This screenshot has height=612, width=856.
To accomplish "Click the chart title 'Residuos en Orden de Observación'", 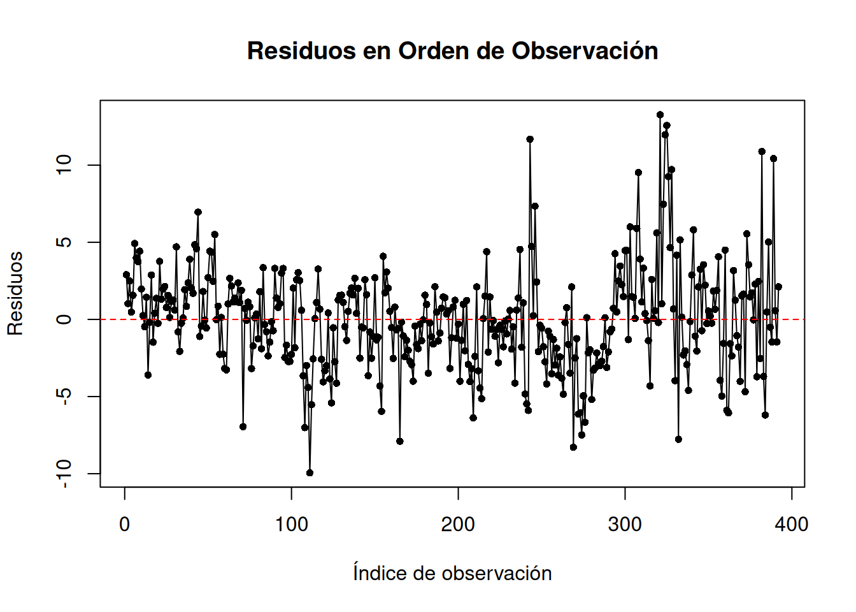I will pos(452,51).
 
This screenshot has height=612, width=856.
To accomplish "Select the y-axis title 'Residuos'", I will pos(15,293).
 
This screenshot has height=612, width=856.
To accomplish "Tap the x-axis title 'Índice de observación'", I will pos(452,573).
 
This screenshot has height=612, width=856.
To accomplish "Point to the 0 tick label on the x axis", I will pos(125,525).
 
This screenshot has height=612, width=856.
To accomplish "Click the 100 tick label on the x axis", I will pos(292,525).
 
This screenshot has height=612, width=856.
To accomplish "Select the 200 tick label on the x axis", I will pos(459,525).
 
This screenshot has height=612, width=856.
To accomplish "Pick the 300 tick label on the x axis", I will pos(625,525).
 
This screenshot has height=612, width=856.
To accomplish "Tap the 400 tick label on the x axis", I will pos(792,525).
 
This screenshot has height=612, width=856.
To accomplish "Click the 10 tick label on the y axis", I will pos(64,165).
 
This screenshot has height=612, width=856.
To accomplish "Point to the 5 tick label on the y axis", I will pos(64,242).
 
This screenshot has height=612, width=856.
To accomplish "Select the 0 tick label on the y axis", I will pos(64,319).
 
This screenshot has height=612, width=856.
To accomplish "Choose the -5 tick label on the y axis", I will pos(64,397).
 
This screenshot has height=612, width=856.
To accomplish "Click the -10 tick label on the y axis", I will pos(64,474).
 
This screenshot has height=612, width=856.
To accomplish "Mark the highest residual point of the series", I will pos(660,115).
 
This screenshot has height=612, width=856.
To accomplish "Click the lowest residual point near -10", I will pos(310,473).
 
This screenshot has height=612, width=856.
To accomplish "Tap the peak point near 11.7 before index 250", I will pos(530,139).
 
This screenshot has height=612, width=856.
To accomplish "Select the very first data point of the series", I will pos(126,275).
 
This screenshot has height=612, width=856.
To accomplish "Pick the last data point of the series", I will pos(778,287).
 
